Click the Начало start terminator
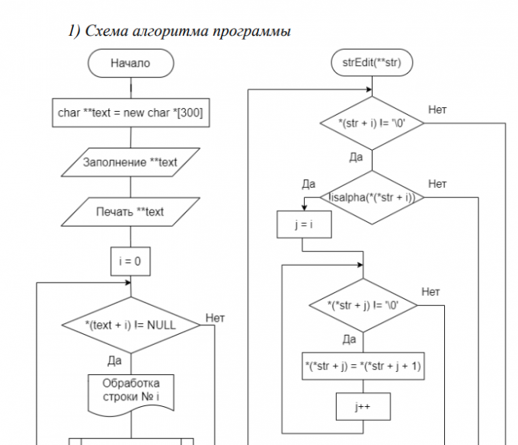130,64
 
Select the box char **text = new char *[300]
130,113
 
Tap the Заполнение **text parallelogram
130,162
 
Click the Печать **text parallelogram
130,211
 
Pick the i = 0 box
130,262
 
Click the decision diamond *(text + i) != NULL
130,325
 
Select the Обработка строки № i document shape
130,393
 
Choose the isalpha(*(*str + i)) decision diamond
372,197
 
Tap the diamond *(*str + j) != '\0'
363,305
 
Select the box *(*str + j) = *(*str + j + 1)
363,366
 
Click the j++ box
363,406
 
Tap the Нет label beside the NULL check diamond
215,318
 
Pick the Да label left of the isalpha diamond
308,184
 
